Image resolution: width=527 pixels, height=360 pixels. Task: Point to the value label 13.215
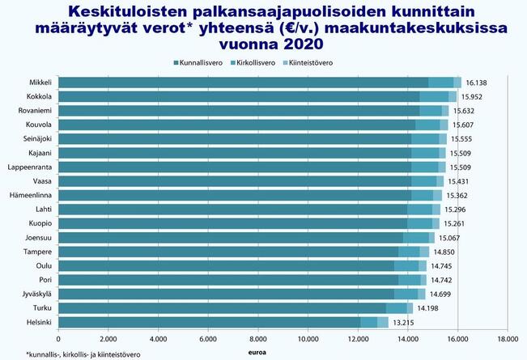[404, 322]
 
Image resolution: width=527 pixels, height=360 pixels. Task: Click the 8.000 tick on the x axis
[257, 339]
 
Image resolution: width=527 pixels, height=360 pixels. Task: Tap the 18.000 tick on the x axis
[507, 339]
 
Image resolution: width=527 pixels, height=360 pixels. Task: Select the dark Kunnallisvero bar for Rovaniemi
[239, 111]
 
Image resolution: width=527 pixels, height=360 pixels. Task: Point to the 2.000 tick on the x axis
[108, 339]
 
